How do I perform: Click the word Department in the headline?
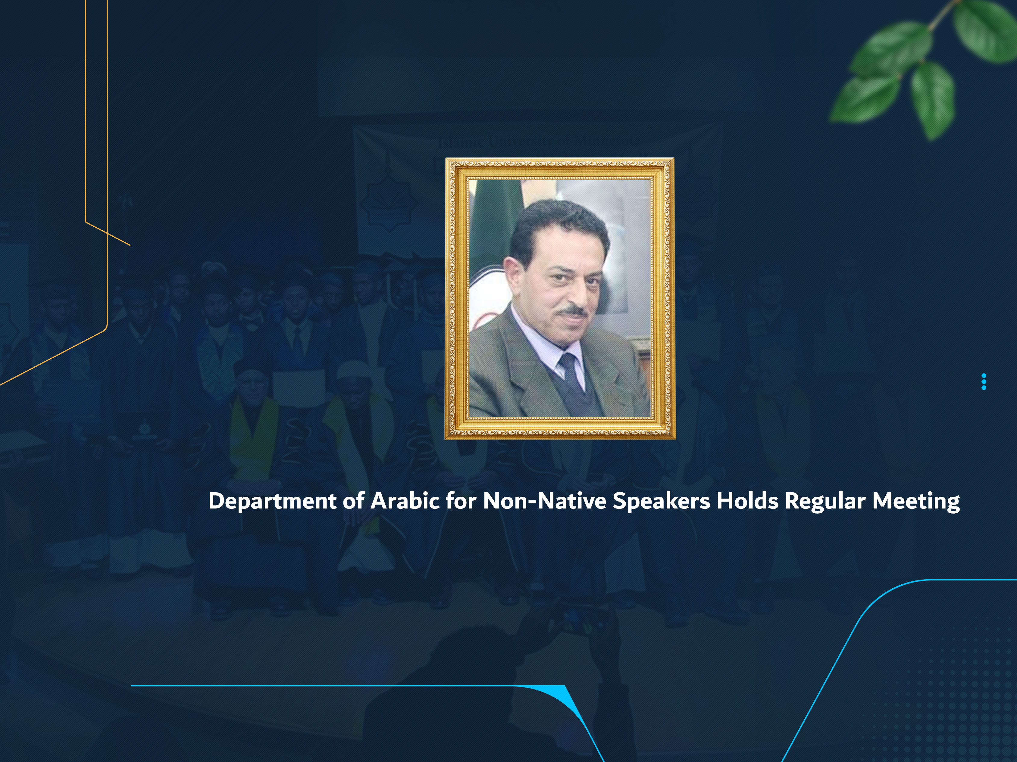point(272,501)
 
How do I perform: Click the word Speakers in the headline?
point(661,501)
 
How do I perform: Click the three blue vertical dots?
point(984,381)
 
